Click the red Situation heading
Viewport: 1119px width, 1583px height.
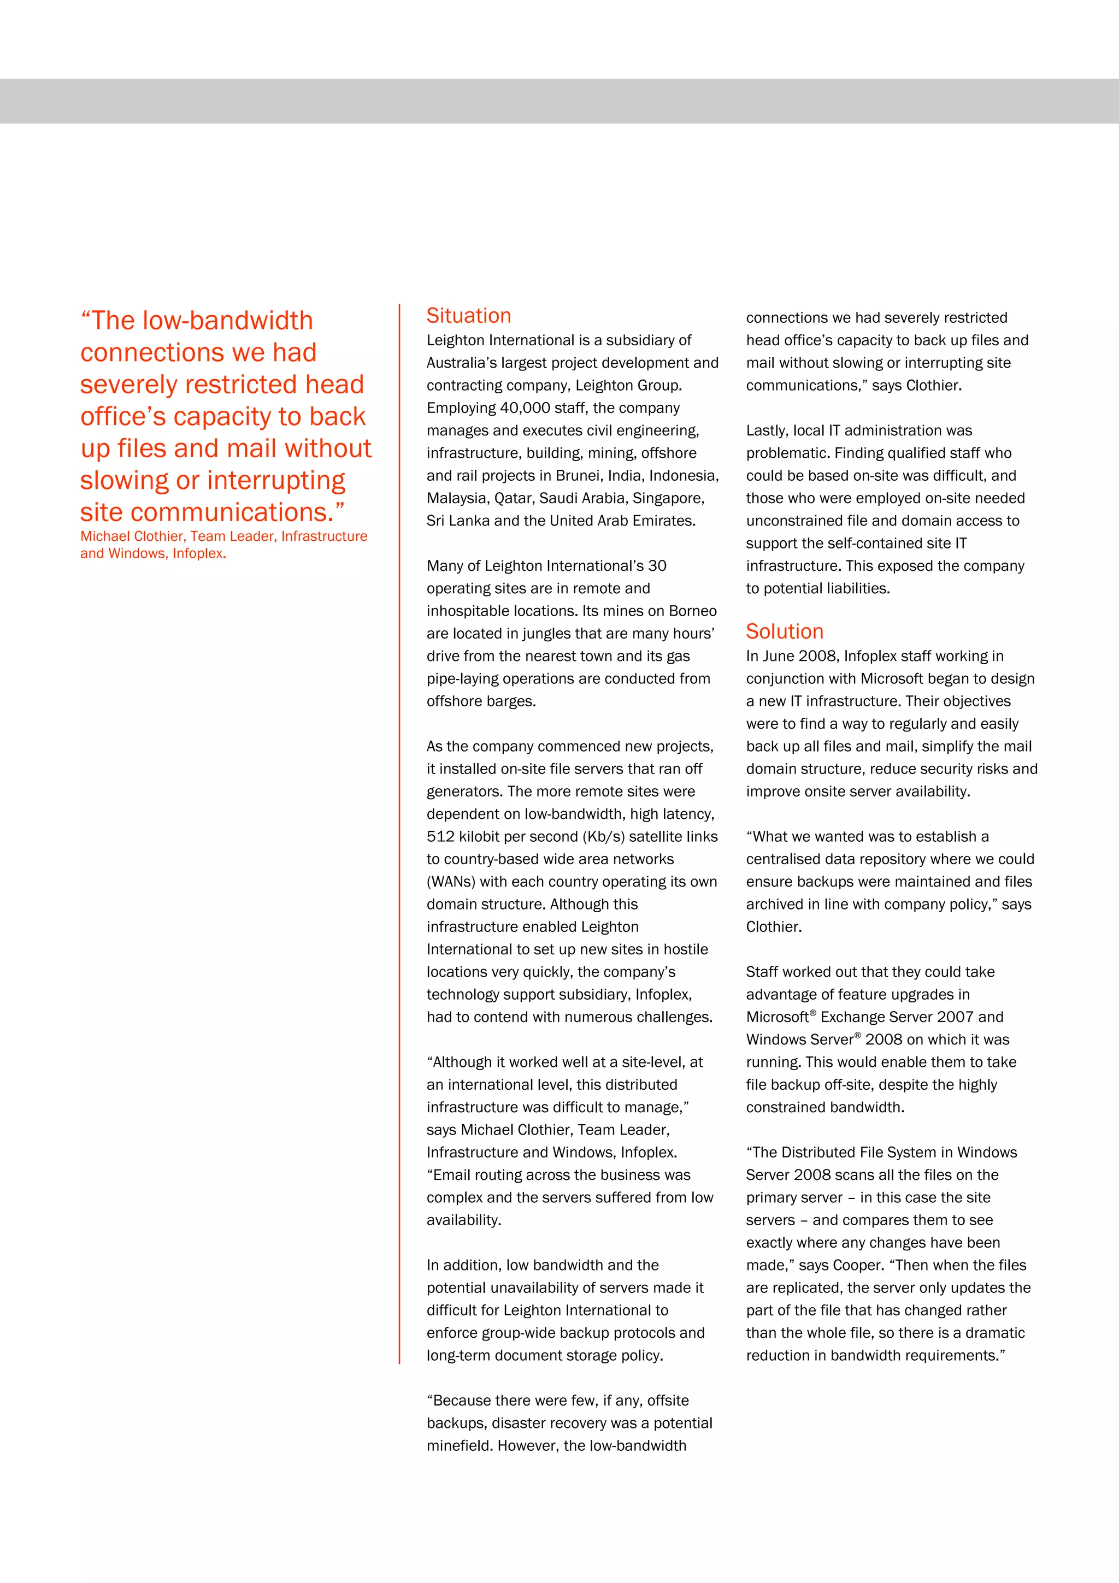click(x=469, y=316)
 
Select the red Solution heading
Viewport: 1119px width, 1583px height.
click(x=785, y=631)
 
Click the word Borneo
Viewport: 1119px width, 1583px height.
click(x=692, y=611)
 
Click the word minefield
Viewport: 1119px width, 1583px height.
click(x=458, y=1446)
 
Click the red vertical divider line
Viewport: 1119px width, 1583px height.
click(x=399, y=828)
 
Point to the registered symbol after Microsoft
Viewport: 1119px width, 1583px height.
click(x=813, y=1013)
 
